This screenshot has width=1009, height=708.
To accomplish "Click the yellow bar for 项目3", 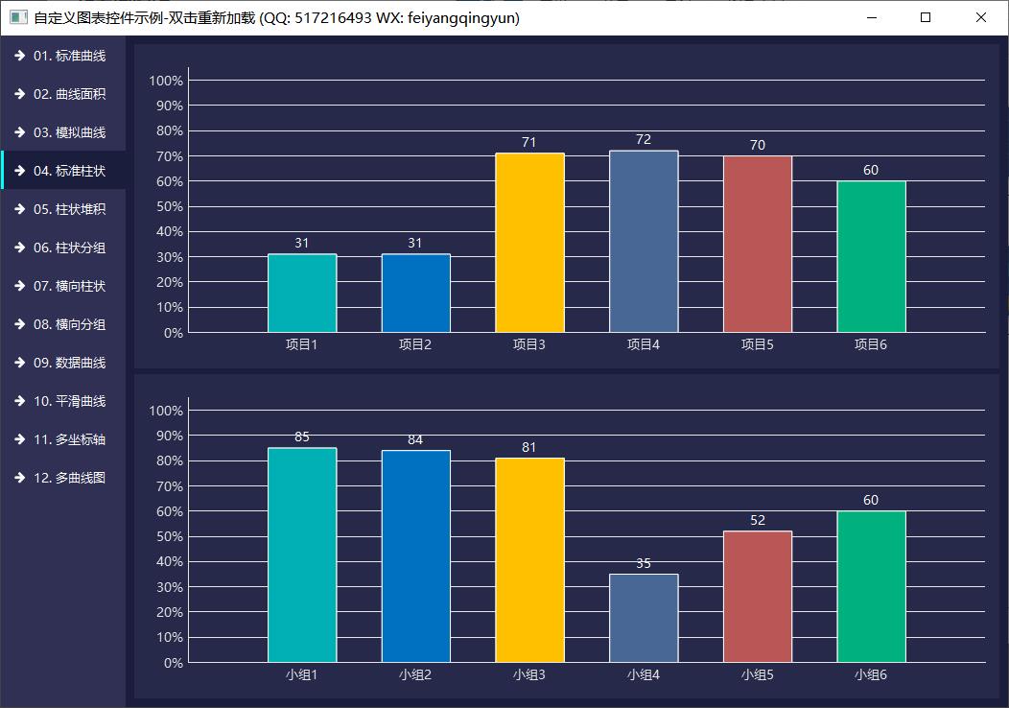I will coord(529,243).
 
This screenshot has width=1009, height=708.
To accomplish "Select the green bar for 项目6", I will coord(871,256).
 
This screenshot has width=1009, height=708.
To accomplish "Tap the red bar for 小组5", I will coord(757,596).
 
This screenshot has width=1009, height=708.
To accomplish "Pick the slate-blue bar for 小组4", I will coord(644,618).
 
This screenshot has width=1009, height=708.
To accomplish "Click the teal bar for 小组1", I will coord(302,555).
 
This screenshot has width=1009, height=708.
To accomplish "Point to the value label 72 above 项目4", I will coord(644,139).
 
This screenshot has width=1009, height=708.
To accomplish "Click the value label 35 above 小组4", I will coord(644,563).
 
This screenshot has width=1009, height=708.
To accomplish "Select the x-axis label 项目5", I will coord(757,344).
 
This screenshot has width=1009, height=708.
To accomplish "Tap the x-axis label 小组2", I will coord(415,674).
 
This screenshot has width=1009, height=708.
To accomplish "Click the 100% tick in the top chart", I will coord(166,81).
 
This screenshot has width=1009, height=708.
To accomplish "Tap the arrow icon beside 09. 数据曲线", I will coord(19,363).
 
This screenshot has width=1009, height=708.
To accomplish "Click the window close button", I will coord(981,17).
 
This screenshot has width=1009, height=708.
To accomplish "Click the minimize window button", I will coord(872,17).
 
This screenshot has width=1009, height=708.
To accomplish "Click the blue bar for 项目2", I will coord(415,293).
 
